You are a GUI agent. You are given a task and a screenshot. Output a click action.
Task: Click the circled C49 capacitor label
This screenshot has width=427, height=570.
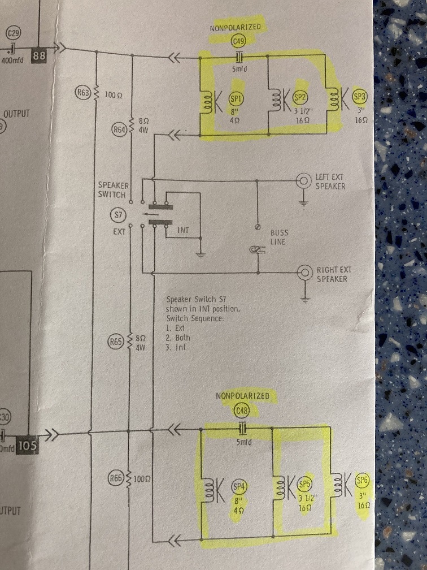[238, 41]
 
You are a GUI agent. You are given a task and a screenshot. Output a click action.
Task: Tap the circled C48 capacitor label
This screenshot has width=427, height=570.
[242, 411]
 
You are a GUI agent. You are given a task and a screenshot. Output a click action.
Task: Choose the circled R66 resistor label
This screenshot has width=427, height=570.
[116, 479]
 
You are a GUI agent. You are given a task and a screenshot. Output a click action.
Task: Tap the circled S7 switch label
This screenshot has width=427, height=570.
[117, 215]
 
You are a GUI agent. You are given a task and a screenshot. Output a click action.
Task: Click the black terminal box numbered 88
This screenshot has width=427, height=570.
[39, 56]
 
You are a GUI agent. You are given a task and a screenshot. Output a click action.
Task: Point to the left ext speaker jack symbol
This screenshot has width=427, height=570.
[305, 181]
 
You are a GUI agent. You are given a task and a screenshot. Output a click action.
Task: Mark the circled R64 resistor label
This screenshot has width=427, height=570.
[119, 130]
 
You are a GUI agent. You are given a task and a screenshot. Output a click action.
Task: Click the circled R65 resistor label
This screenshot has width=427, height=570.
[116, 342]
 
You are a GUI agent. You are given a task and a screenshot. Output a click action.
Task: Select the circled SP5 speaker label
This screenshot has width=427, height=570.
[305, 484]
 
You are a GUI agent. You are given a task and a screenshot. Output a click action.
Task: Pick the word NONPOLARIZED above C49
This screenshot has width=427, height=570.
[236, 27]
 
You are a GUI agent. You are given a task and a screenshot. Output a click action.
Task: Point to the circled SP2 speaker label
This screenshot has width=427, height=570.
[299, 97]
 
